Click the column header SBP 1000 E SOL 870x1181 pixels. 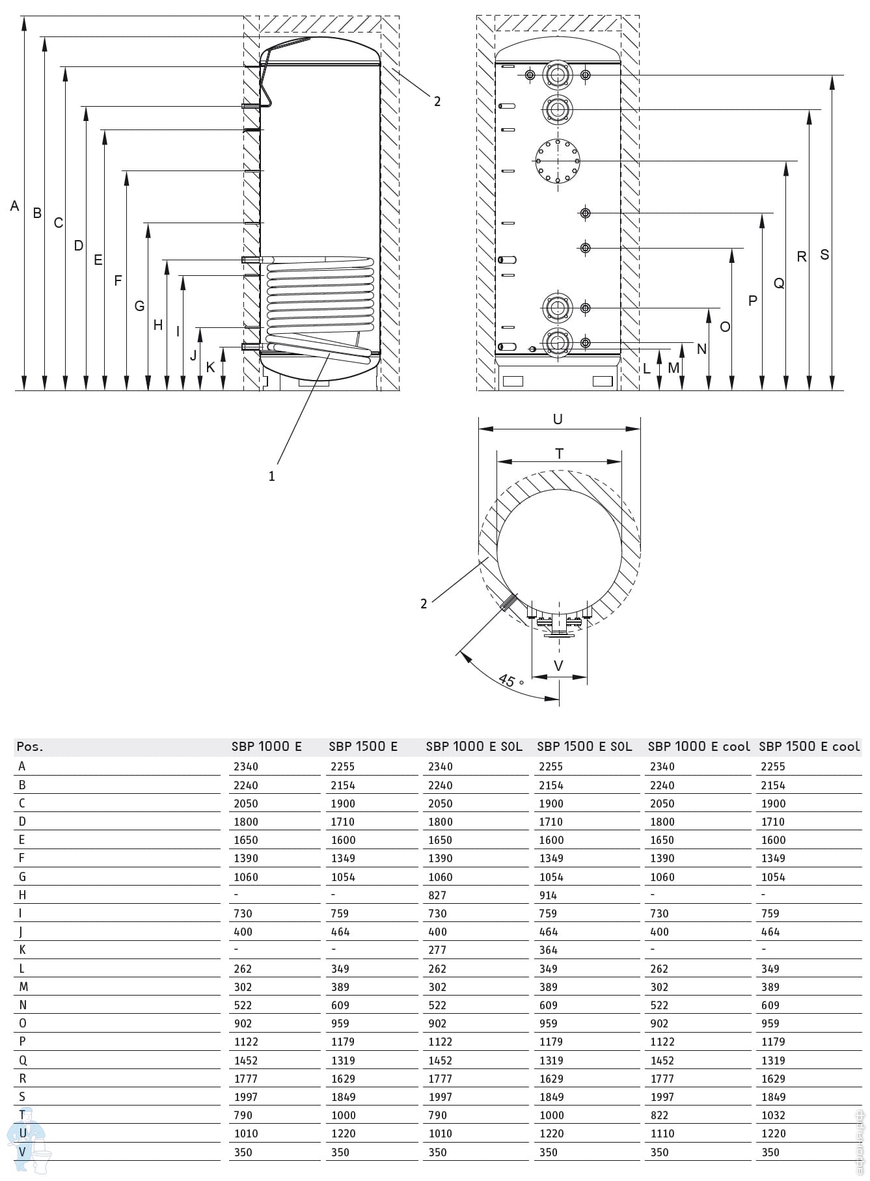474,746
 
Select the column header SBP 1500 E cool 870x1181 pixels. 809,746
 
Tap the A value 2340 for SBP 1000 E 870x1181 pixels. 246,767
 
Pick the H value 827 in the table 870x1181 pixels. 437,895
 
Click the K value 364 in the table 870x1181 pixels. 548,950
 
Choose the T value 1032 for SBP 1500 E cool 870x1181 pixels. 774,1115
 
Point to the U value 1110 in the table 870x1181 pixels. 662,1133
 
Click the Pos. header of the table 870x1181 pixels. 30,746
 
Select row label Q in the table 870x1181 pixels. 23,1060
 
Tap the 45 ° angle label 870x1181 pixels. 511,681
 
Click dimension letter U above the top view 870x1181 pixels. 558,419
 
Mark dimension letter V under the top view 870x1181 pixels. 558,666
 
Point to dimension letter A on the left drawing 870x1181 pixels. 14,206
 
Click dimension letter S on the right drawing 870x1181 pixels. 824,254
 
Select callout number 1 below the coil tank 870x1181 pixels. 271,476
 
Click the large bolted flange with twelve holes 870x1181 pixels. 558,161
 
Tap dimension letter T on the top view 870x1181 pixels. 559,454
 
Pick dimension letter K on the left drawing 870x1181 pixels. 210,368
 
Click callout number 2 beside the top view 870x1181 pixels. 424,604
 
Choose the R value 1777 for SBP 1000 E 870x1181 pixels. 246,1078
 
